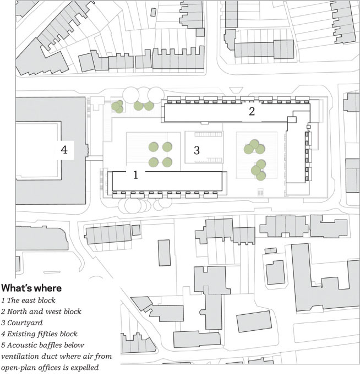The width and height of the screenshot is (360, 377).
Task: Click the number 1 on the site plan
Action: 135,175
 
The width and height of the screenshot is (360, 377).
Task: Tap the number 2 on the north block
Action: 252,112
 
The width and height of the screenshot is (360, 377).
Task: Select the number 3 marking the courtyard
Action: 197,149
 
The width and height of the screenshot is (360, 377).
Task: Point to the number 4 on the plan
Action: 64,149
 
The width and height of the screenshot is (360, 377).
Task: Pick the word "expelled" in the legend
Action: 88,368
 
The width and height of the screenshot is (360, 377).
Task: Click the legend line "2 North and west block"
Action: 41,312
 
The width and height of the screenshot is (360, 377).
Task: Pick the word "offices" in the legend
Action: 54,368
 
